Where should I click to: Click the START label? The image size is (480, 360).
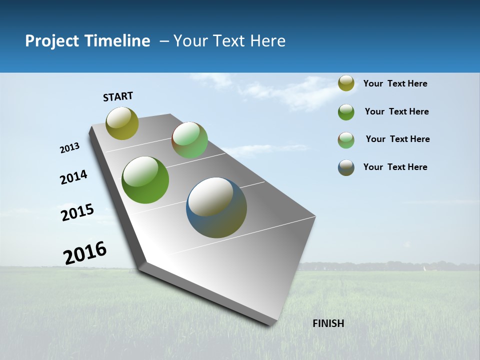pyautogui.click(x=118, y=96)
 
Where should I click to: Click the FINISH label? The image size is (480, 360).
pyautogui.click(x=328, y=323)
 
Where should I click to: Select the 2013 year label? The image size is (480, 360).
pyautogui.click(x=70, y=148)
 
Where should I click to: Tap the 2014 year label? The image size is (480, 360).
pyautogui.click(x=73, y=177)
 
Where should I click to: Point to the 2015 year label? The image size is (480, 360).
pyautogui.click(x=77, y=212)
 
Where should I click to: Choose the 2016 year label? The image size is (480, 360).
pyautogui.click(x=85, y=252)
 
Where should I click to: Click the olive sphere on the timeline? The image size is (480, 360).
pyautogui.click(x=122, y=123)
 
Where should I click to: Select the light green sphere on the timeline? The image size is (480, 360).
pyautogui.click(x=189, y=140)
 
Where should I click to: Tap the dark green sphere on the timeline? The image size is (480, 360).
pyautogui.click(x=145, y=180)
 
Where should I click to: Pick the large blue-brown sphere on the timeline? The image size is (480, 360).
pyautogui.click(x=216, y=207)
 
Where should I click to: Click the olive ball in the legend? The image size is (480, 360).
pyautogui.click(x=346, y=83)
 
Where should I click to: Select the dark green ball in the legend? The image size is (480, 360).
pyautogui.click(x=346, y=112)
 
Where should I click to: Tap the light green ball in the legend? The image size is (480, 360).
pyautogui.click(x=346, y=140)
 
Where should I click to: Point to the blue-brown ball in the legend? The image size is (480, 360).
pyautogui.click(x=346, y=167)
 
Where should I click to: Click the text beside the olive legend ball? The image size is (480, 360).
pyautogui.click(x=395, y=83)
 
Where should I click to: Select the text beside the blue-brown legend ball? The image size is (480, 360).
pyautogui.click(x=395, y=167)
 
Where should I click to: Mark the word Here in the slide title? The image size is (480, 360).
pyautogui.click(x=268, y=41)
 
